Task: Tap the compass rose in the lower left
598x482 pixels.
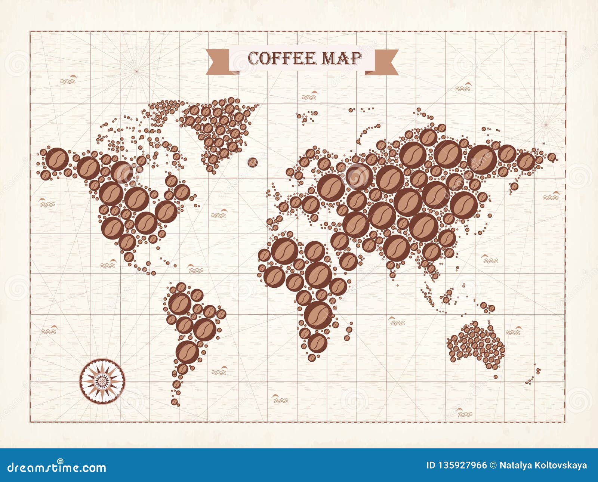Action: (101, 381)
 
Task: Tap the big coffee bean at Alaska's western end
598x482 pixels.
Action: (56, 159)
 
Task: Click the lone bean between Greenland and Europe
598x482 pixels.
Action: (253, 162)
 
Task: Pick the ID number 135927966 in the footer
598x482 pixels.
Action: (457, 466)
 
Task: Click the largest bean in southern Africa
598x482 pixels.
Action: (318, 315)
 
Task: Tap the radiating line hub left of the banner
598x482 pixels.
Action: (137, 70)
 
